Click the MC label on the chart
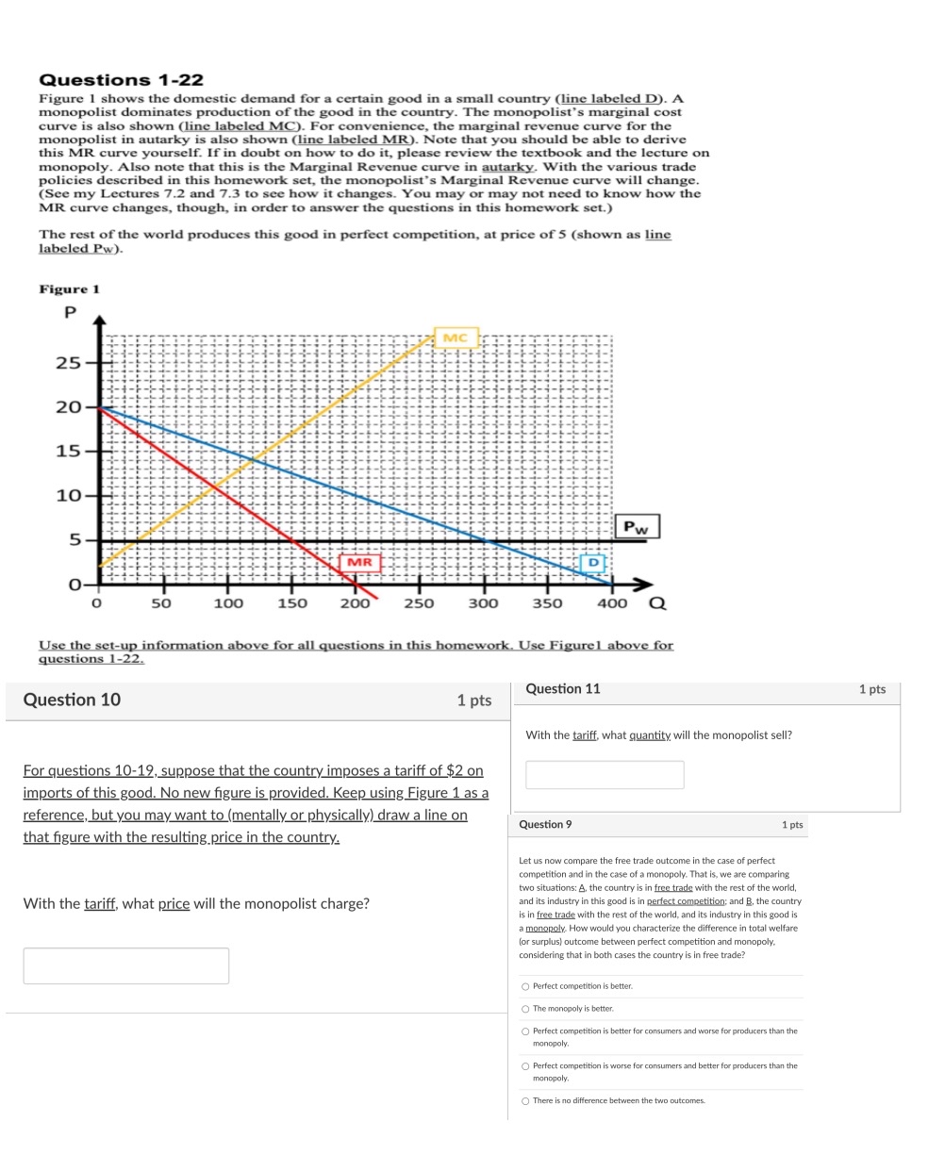point(456,338)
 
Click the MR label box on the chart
point(359,563)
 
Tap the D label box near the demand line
point(592,563)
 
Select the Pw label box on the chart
point(638,527)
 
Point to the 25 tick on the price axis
point(67,363)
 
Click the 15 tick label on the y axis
point(67,452)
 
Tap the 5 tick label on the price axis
point(74,540)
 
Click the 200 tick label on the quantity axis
point(355,603)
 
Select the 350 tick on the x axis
point(547,603)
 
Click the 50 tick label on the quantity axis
point(161,603)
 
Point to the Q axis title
point(657,603)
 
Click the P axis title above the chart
point(69,312)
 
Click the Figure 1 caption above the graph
point(69,289)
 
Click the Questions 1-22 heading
point(121,80)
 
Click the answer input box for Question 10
point(125,965)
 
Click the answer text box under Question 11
point(605,774)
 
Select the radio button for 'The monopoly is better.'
point(525,1009)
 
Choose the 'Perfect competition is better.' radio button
point(525,986)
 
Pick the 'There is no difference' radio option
point(525,1100)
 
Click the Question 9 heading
point(545,825)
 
